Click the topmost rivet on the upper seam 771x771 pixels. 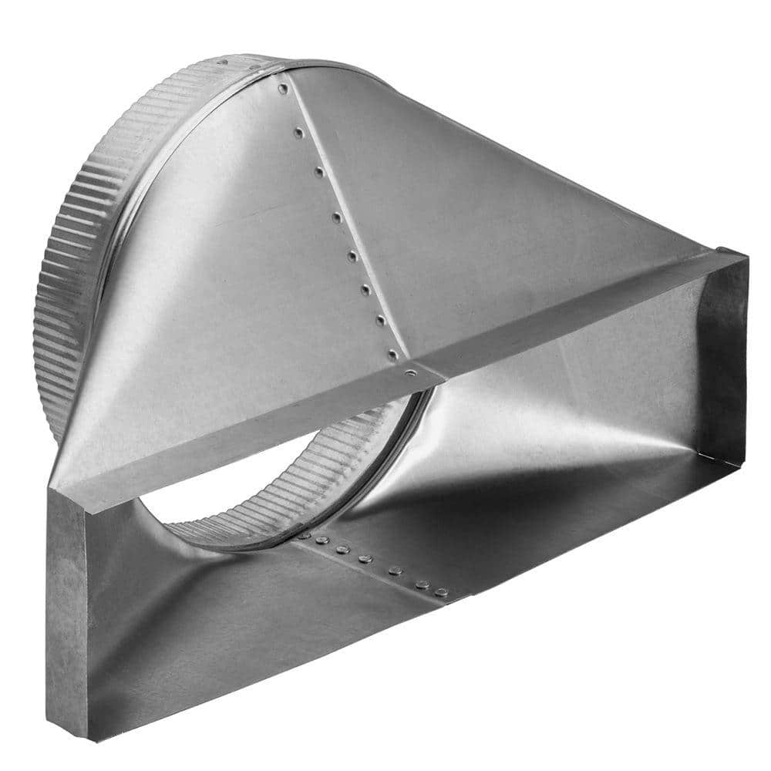284,89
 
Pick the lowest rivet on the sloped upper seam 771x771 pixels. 393,354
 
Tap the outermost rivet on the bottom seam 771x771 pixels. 441,592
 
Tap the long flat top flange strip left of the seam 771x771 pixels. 231,439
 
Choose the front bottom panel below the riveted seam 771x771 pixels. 254,632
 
